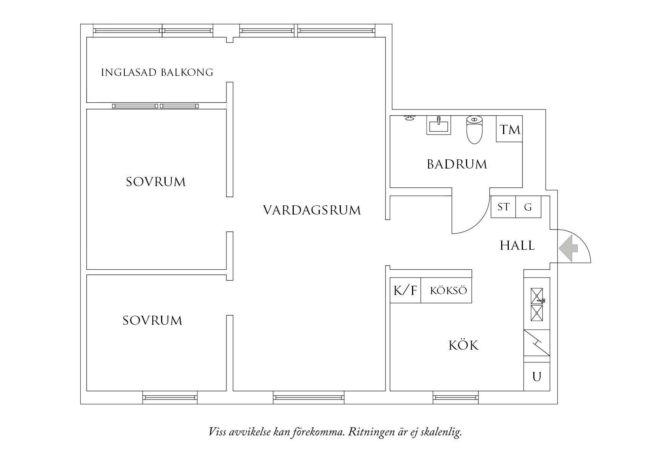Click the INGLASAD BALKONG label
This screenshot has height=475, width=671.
[x=157, y=72]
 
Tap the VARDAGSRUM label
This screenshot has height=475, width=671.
[x=312, y=210]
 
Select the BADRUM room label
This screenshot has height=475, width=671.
[x=457, y=164]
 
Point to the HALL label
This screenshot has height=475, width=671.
[x=517, y=246]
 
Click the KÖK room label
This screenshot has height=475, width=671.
[x=463, y=346]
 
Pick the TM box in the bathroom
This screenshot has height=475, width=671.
[x=510, y=129]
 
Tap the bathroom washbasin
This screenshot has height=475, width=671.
[x=439, y=125]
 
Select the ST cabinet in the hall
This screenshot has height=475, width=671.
[x=503, y=207]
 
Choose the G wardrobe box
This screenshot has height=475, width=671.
[x=528, y=207]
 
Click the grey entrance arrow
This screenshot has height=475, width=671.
[x=568, y=249]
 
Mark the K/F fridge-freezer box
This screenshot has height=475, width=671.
[x=405, y=290]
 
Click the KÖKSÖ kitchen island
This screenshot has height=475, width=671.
[x=448, y=290]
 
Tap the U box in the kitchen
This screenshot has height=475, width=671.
[x=537, y=377]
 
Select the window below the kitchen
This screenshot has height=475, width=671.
[x=456, y=398]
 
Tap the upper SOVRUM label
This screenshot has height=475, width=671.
[x=156, y=182]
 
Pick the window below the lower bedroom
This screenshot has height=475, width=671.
[x=170, y=398]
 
